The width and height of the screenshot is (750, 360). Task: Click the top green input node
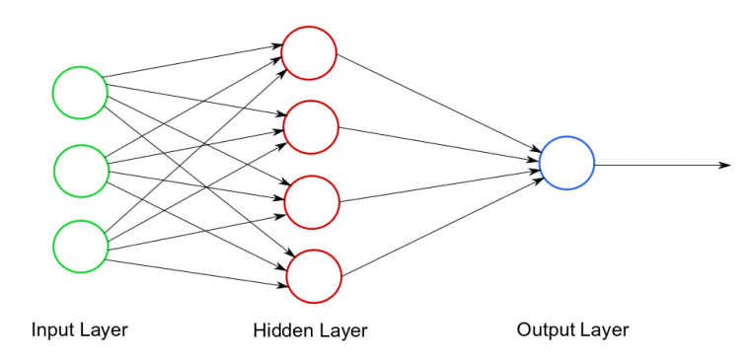coord(80,93)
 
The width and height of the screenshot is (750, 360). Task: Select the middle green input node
coord(81,170)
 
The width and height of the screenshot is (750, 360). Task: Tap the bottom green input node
coord(80,246)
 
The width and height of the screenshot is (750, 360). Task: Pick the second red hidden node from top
coord(311,126)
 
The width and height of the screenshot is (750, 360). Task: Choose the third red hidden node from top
coord(312,201)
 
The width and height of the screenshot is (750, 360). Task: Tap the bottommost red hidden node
coord(314,276)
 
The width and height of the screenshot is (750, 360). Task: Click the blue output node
coord(566,163)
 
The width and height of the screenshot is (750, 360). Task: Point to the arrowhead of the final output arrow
coord(725,165)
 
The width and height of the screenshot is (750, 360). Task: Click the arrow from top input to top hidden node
coord(192,60)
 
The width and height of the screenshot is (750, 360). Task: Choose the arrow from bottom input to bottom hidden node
coord(197,273)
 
